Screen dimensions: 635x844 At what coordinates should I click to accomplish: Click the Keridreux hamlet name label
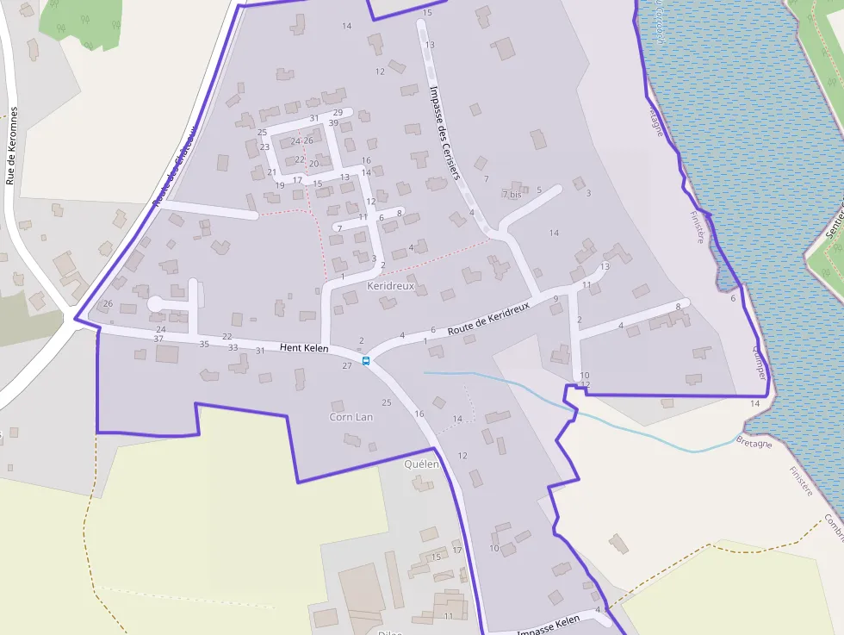tap(390, 285)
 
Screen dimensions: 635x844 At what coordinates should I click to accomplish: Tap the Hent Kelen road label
tap(305, 348)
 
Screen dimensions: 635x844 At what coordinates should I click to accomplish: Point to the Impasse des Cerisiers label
tap(444, 132)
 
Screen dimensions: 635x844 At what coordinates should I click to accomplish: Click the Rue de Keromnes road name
tap(11, 146)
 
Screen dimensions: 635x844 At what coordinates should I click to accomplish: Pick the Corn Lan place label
tap(351, 417)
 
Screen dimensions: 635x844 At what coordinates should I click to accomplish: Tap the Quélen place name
tap(421, 464)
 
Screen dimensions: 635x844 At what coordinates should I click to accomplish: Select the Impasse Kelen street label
tap(549, 632)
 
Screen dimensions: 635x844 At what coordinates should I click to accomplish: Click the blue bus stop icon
tap(366, 361)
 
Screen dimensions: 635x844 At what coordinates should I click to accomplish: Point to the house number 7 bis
tap(512, 195)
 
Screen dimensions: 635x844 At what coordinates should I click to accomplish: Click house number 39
tap(333, 123)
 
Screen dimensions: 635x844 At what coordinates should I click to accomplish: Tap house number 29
tap(338, 113)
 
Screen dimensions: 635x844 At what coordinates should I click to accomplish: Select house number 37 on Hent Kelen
tap(158, 339)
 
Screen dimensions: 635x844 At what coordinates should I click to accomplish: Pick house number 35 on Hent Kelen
tap(204, 344)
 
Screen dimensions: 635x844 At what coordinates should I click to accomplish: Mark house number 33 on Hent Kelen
tap(233, 347)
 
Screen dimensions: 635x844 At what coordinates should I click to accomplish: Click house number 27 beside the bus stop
tap(347, 366)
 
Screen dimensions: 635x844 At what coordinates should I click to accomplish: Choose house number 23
tap(264, 147)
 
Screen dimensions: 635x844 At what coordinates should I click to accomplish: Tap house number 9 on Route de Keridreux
tap(555, 299)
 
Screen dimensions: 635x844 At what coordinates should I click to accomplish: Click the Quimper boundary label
tap(759, 362)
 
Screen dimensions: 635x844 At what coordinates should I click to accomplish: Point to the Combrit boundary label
tap(835, 526)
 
